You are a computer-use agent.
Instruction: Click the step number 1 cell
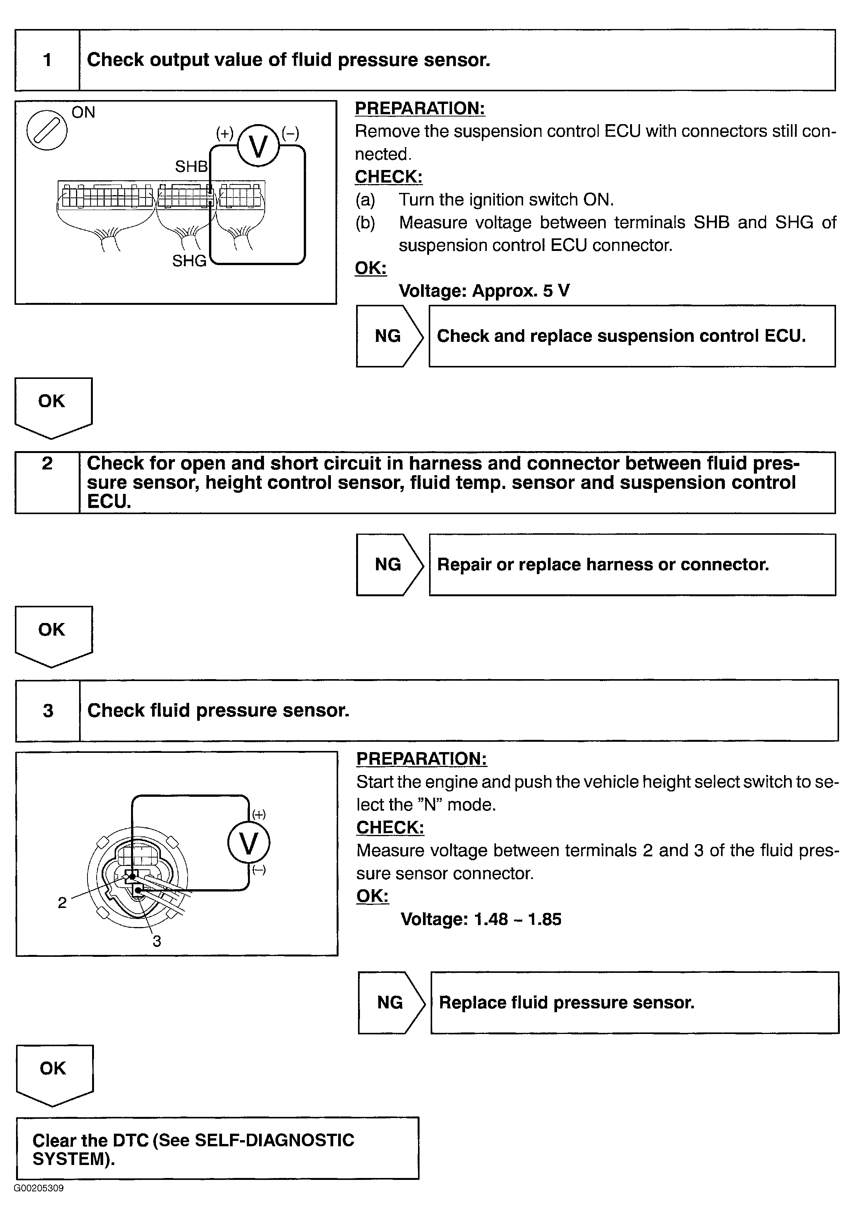47,60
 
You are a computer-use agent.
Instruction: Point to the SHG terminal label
189,261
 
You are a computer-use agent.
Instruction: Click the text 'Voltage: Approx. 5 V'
484,291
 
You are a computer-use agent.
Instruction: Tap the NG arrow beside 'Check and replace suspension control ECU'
389,336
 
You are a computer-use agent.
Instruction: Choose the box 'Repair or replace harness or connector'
632,564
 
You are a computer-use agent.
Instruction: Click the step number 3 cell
48,710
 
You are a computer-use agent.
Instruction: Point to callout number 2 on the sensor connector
62,902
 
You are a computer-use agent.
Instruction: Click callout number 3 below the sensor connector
157,941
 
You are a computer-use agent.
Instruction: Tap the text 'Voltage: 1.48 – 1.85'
480,919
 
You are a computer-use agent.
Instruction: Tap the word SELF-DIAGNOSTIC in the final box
274,1140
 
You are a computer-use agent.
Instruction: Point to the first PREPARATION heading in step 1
420,108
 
